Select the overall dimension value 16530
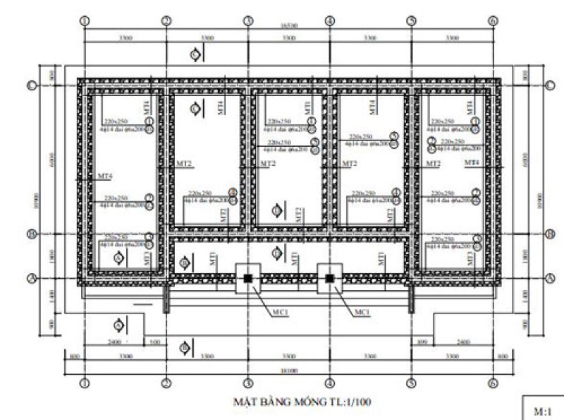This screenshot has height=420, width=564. pos(288,25)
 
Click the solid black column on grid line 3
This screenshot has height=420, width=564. pos(248,279)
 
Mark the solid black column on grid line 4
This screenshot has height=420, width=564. pos(329,279)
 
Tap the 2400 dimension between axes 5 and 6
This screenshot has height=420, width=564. pos(462,342)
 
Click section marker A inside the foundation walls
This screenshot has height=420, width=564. pos(118,258)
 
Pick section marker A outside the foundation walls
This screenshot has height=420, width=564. pos(118,325)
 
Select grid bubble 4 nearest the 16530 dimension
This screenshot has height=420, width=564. pos(329,21)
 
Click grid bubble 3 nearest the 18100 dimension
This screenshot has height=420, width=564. pos(248,383)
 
